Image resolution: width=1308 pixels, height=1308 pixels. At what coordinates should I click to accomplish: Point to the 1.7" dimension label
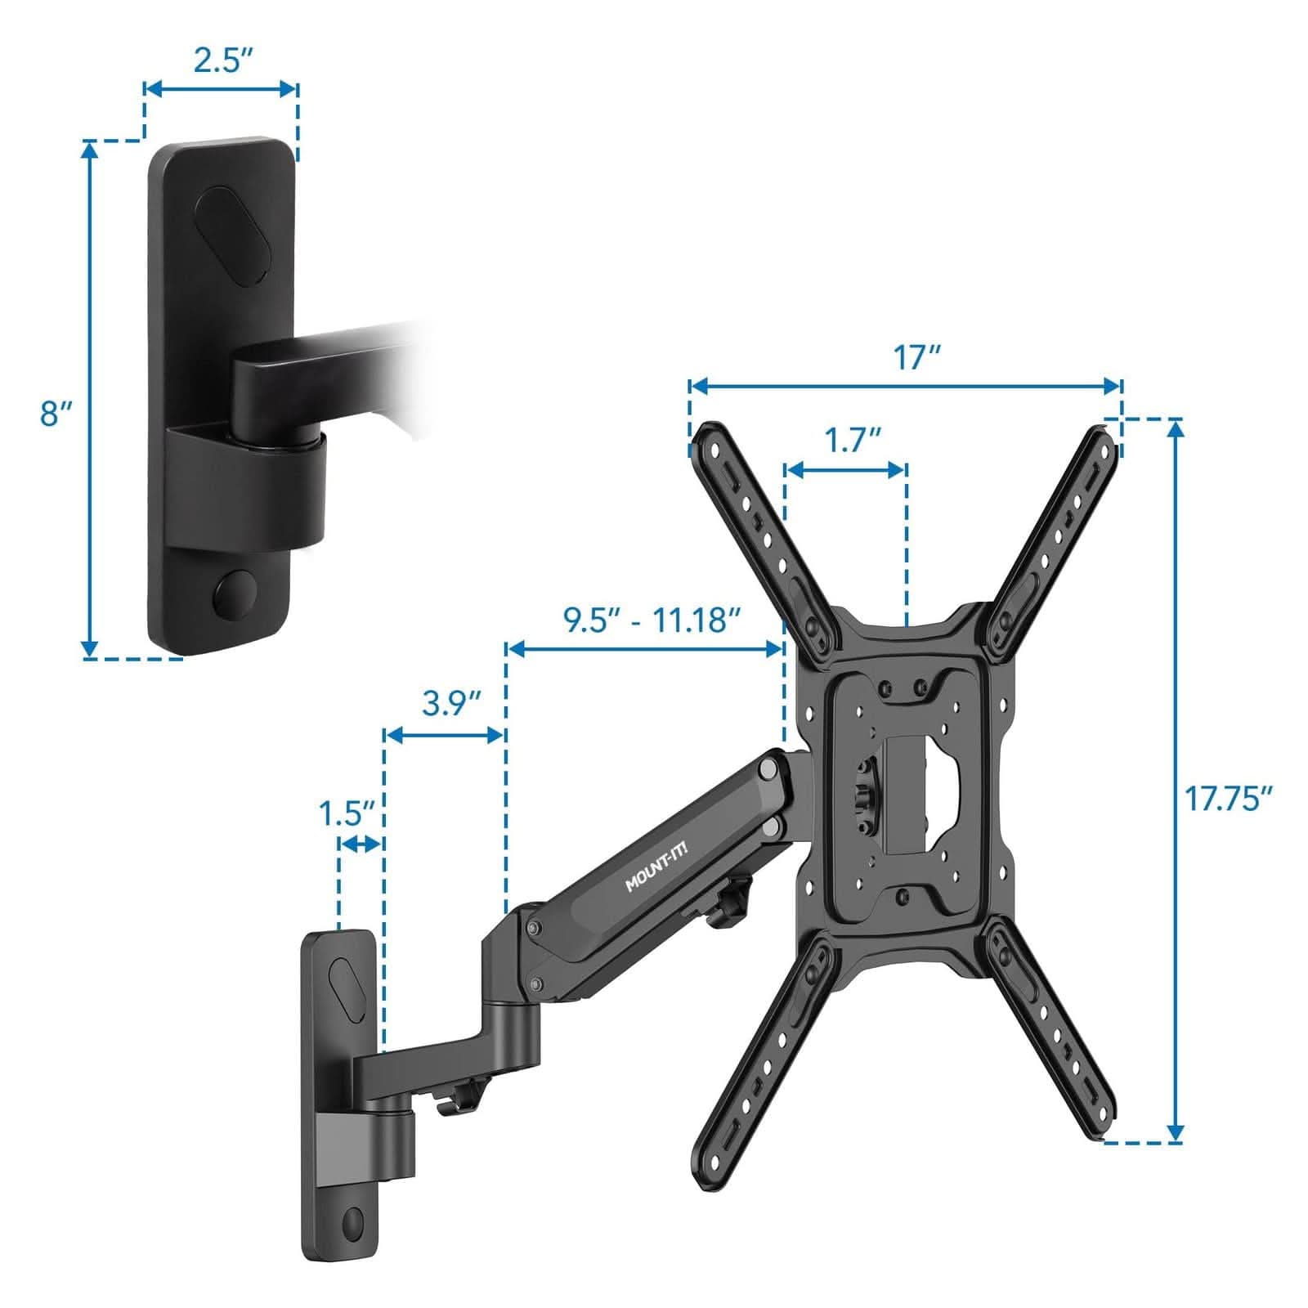pos(846,441)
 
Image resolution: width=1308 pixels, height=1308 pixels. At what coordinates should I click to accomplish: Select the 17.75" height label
pos(1229,798)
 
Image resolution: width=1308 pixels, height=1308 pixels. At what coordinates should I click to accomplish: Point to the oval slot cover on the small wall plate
pos(347,990)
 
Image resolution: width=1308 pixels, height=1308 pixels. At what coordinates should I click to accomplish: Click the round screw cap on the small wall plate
pos(353,1224)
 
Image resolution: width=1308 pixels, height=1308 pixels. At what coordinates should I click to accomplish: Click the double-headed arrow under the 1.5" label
pos(361,845)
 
